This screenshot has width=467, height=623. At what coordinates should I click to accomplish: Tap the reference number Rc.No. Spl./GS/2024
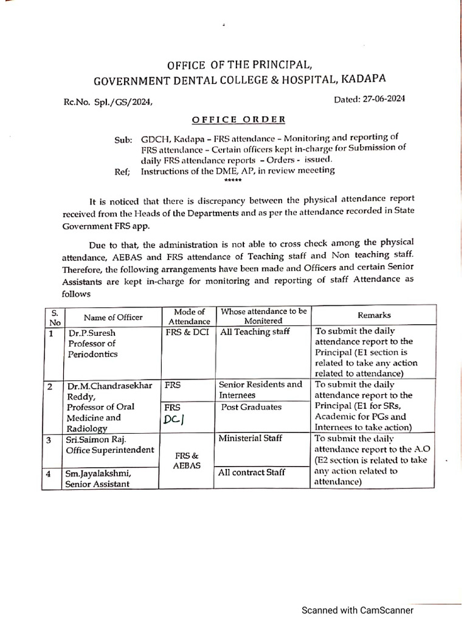(108, 103)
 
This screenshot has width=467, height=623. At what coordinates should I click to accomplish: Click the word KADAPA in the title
(362, 78)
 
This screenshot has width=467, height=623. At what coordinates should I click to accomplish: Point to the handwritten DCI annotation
(175, 420)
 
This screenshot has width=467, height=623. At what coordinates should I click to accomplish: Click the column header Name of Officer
(113, 317)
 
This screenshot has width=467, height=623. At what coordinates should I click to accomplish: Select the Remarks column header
(374, 315)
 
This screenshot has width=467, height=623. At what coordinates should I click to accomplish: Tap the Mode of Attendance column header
(189, 316)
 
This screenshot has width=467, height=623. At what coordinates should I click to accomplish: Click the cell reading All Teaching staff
(255, 332)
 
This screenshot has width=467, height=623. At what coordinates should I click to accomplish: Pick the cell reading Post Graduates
(252, 406)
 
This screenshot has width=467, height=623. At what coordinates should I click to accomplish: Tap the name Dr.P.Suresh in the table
(91, 333)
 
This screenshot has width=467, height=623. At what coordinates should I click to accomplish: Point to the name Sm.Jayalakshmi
(100, 473)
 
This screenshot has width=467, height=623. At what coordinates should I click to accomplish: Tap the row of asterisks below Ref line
(233, 181)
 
